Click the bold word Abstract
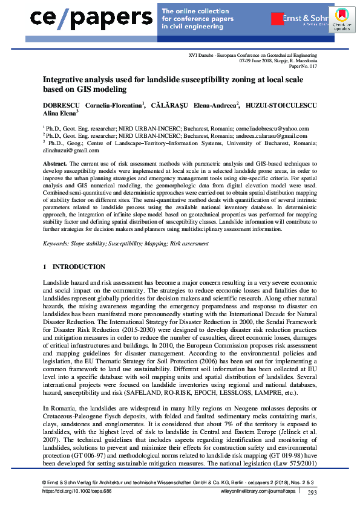[54, 164]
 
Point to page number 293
[312, 492]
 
